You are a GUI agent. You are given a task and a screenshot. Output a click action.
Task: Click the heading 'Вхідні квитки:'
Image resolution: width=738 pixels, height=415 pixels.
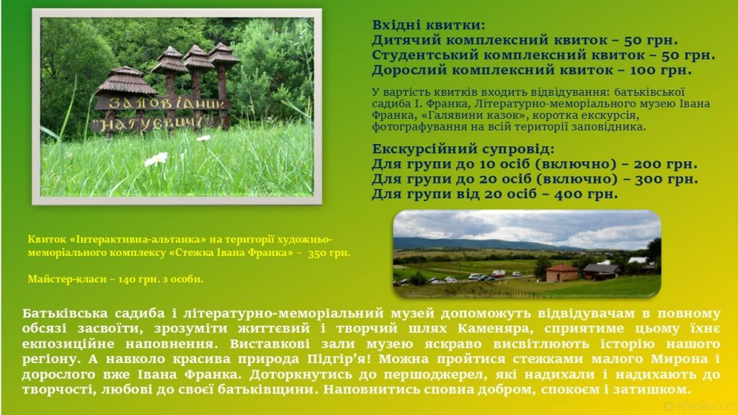coord(428,25)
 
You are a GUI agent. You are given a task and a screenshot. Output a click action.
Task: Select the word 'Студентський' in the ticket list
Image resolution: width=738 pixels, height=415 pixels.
coord(425,55)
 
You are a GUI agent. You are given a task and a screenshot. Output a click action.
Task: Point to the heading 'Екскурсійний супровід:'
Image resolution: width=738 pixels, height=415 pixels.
coord(463,149)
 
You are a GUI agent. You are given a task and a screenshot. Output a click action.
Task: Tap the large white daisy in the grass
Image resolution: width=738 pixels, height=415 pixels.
coord(156,159)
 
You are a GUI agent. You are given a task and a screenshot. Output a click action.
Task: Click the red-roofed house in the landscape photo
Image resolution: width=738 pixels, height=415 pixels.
coord(562,273)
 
